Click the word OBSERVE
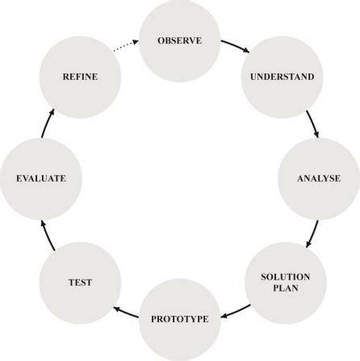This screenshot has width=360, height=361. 179,40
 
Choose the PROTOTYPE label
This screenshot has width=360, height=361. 179,319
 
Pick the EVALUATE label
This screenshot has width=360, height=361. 40,178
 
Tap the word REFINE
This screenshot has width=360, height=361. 81,78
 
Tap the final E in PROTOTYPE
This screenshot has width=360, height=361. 206,319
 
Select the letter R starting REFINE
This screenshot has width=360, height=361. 65,78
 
